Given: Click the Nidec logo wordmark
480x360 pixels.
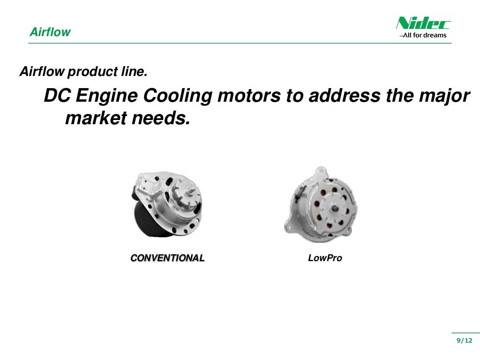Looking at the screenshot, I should click(x=423, y=23).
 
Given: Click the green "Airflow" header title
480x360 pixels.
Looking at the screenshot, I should click(x=50, y=32).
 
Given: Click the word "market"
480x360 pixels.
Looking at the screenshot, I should click(x=95, y=119).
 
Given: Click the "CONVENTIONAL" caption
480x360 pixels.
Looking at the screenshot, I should click(x=167, y=258).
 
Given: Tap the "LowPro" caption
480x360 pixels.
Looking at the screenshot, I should click(x=325, y=258).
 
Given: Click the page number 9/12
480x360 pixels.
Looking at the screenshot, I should click(x=465, y=340).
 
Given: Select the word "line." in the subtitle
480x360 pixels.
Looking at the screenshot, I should click(x=134, y=72).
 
